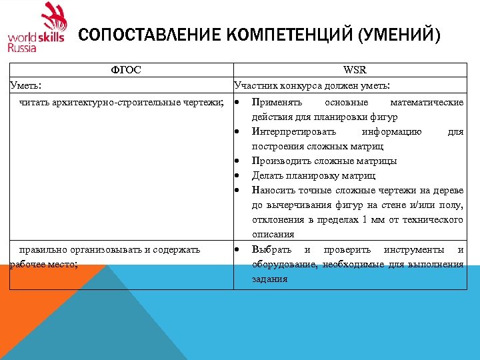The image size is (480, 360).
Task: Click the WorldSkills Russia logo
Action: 37,28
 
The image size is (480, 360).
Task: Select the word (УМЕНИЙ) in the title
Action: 399,34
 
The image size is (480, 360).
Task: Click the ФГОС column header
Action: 126,70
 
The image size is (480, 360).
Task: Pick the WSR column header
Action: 354,70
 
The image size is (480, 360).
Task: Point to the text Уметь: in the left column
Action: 25,85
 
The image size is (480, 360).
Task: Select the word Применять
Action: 277,103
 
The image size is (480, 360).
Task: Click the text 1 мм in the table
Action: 371,220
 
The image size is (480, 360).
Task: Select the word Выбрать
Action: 271,249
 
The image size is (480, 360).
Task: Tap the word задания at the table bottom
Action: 269,279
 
